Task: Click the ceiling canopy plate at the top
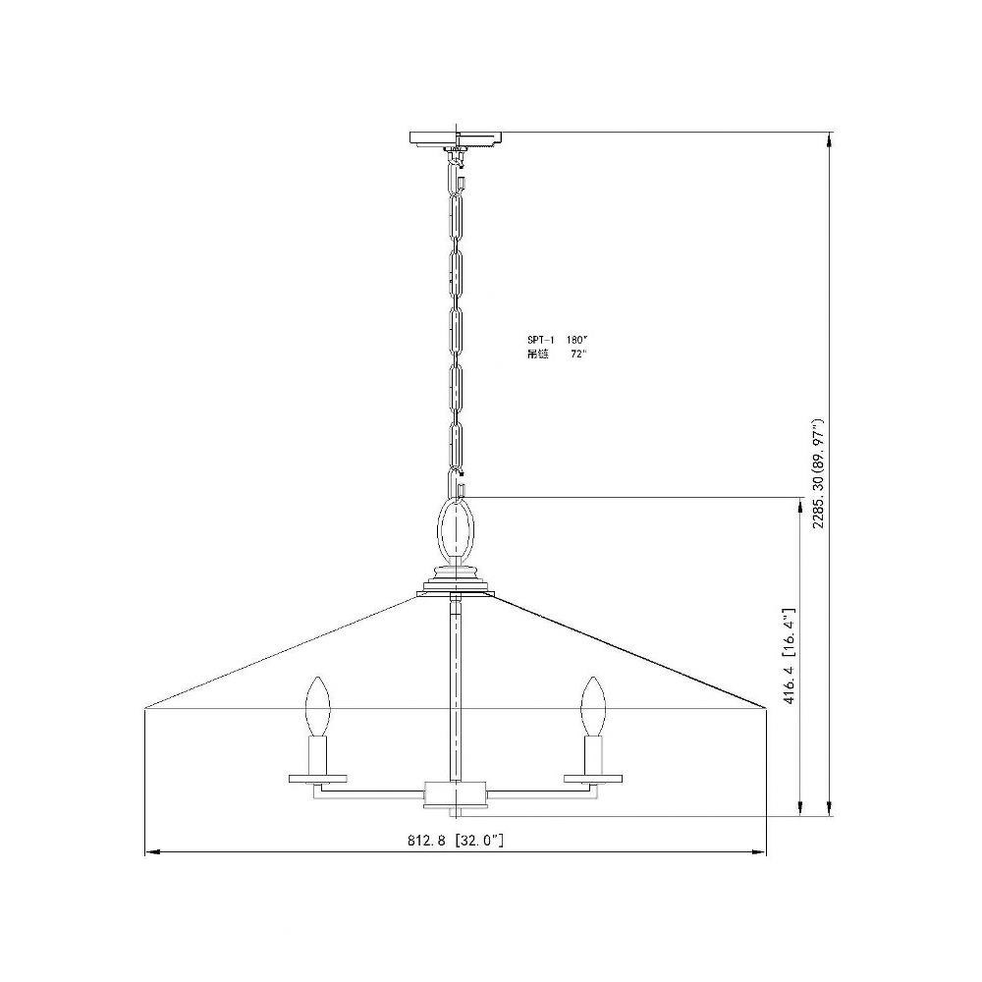(458, 138)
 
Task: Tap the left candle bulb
(317, 706)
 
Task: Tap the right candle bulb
(592, 706)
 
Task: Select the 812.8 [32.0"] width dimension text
(456, 841)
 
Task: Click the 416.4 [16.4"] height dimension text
(790, 655)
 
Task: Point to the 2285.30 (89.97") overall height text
(818, 474)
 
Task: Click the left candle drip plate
(317, 779)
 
